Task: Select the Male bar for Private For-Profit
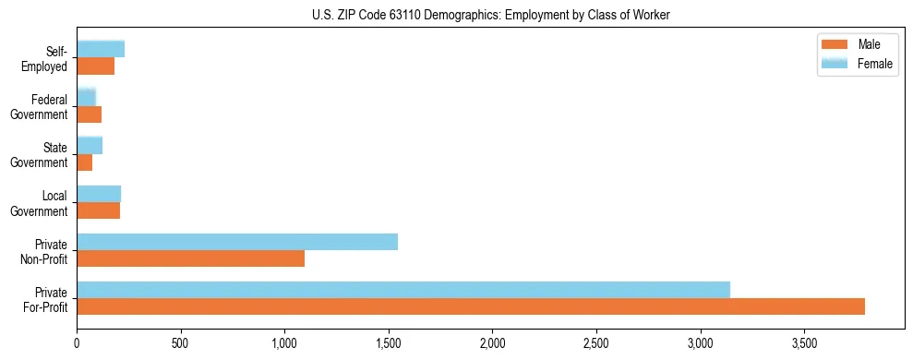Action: coord(471,306)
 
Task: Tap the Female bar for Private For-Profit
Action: coord(403,290)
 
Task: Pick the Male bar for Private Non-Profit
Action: coord(190,258)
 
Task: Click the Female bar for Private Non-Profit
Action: coord(237,242)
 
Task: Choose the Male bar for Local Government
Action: coord(98,210)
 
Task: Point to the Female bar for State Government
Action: coord(90,145)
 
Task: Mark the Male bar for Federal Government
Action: coord(89,114)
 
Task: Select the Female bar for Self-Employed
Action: coord(101,49)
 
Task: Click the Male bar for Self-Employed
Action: coord(95,66)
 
